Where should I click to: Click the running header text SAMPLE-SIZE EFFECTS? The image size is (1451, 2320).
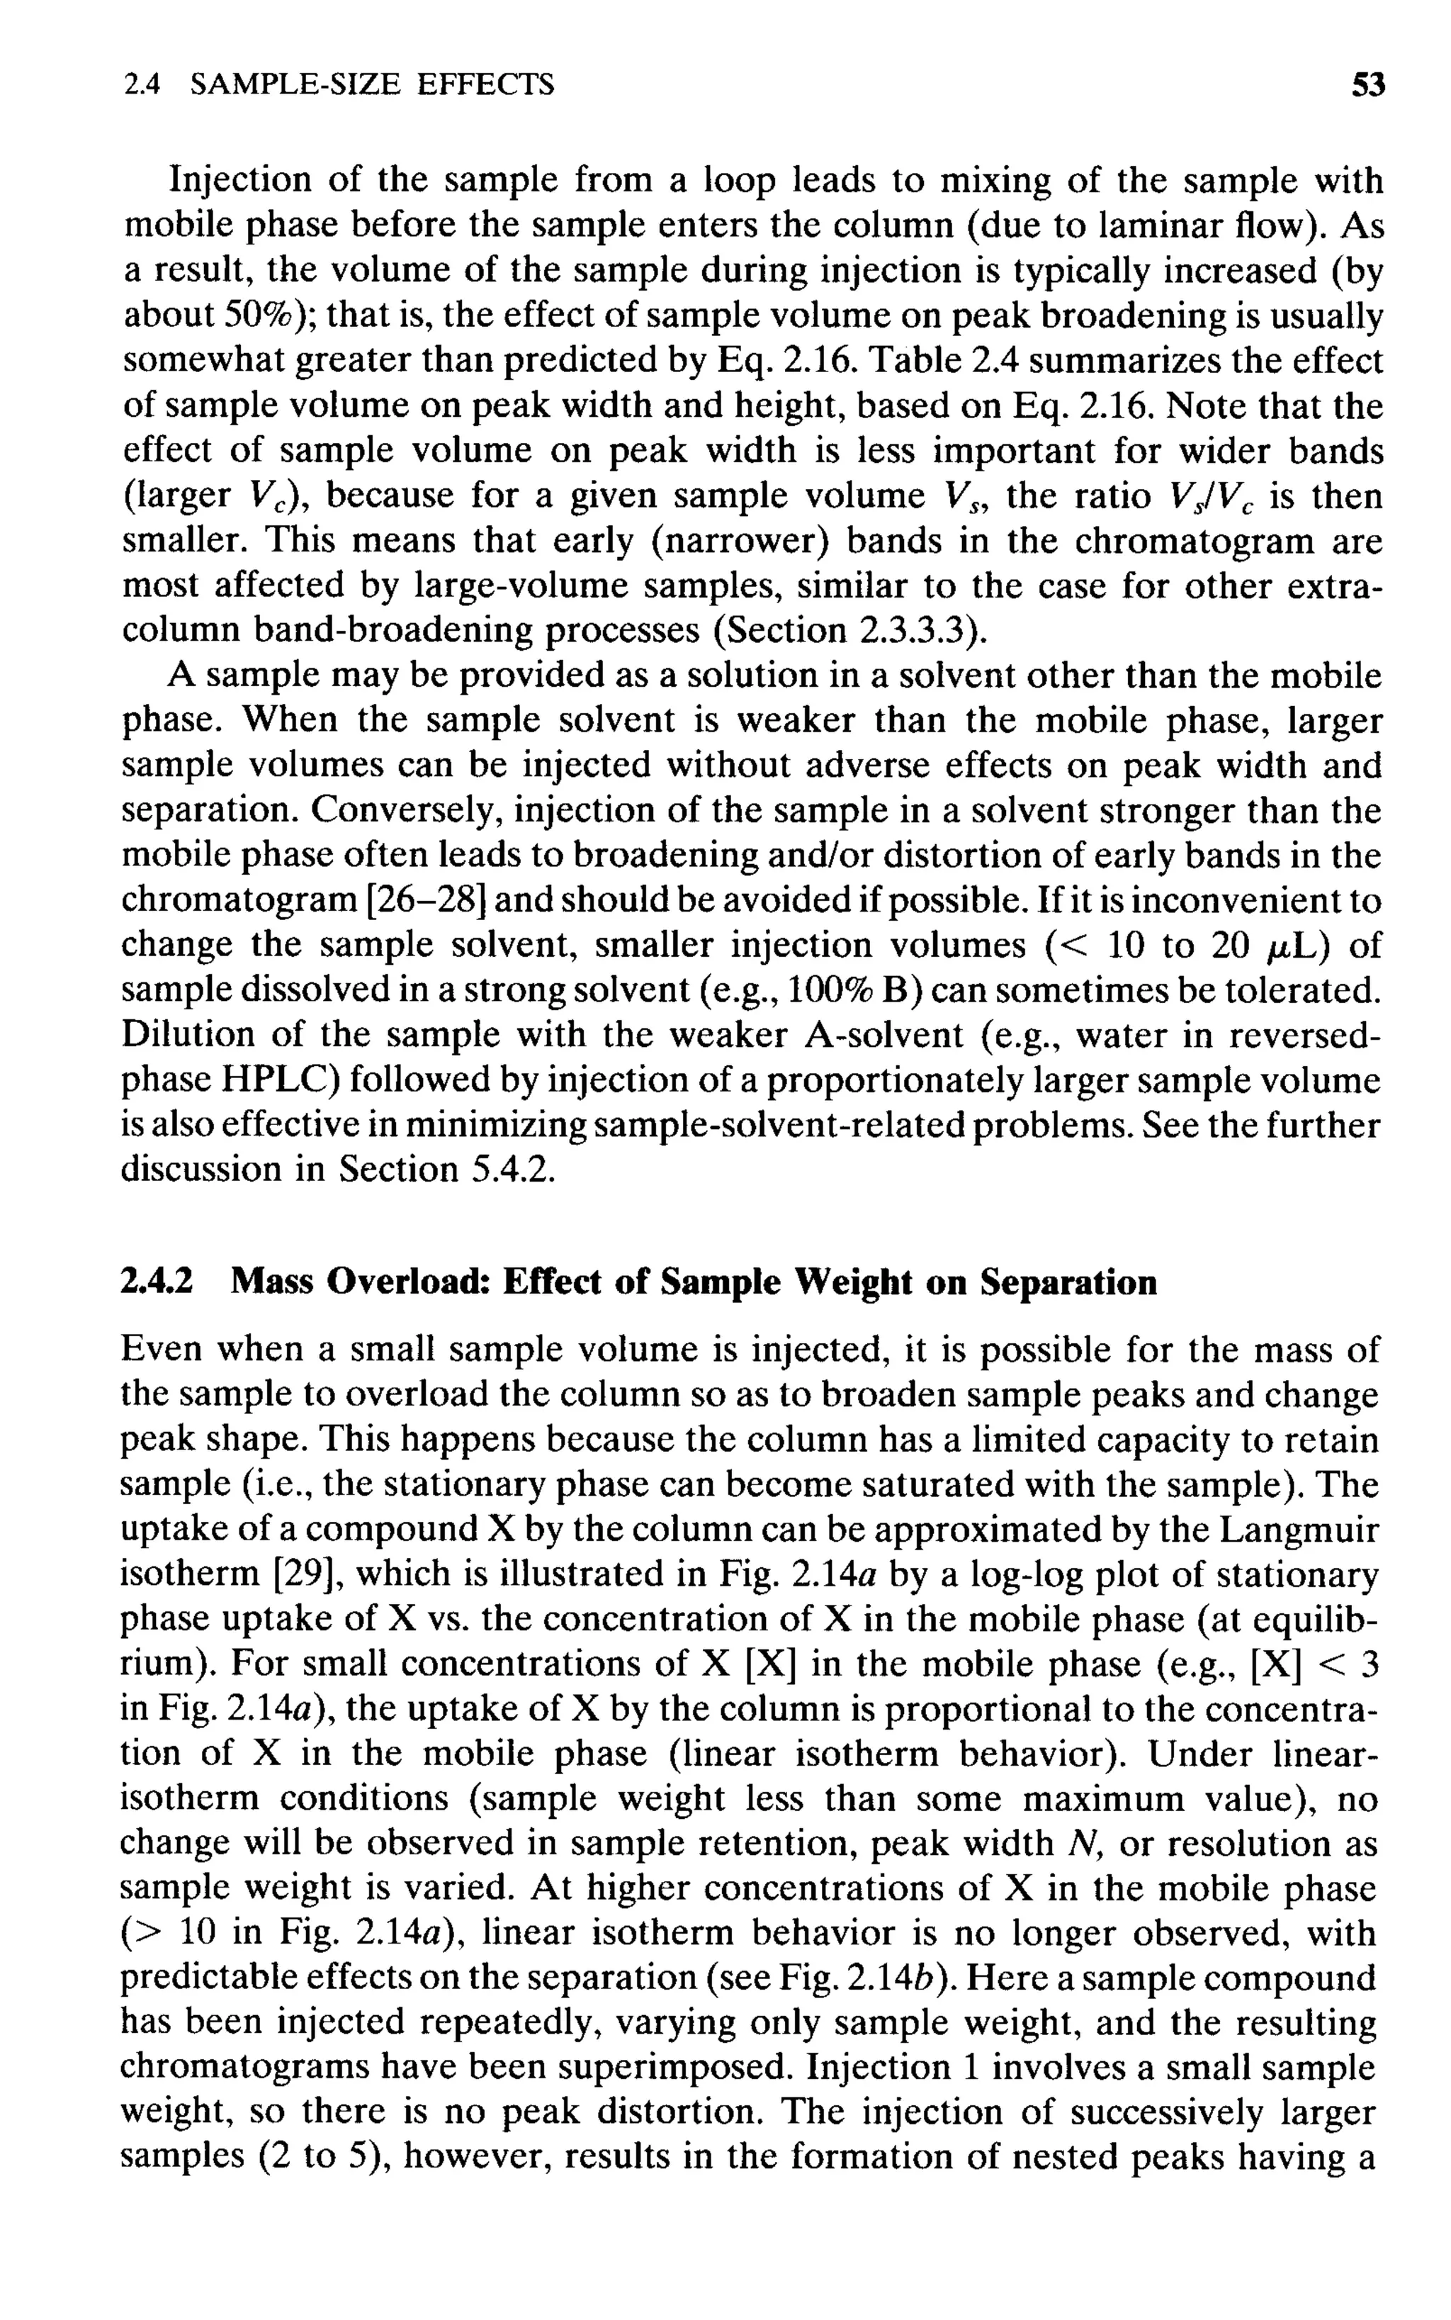click(373, 86)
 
